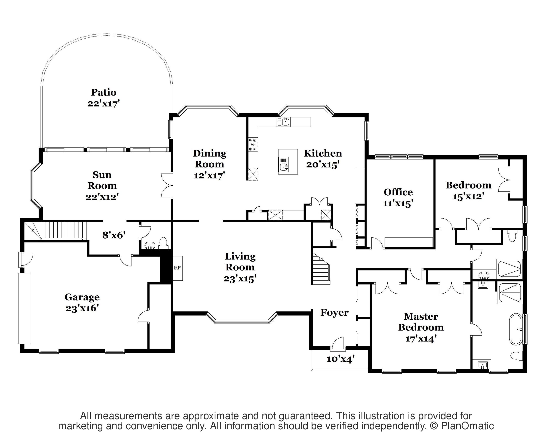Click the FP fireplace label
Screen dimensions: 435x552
[177, 268]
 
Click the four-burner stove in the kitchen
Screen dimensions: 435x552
[253, 145]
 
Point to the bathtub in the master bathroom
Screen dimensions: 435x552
[516, 329]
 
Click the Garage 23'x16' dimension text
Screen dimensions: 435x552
[82, 308]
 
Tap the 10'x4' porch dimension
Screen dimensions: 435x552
[340, 359]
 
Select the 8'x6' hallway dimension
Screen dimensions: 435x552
[113, 235]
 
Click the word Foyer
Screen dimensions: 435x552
[334, 313]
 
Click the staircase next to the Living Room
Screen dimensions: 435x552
[321, 270]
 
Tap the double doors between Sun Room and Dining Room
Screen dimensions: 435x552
[167, 185]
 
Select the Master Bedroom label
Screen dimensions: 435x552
[421, 322]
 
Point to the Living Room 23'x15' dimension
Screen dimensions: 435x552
[240, 279]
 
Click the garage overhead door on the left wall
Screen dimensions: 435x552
[24, 308]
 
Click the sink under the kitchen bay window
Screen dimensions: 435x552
[285, 122]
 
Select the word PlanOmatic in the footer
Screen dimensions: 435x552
[467, 426]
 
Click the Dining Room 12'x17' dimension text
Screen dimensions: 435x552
[209, 176]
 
